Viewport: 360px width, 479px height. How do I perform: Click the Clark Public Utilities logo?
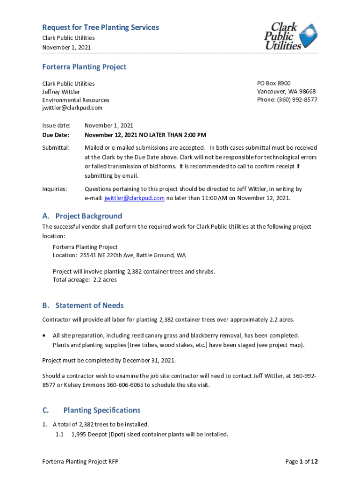[290, 36]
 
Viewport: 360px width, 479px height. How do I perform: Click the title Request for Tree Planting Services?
[101, 28]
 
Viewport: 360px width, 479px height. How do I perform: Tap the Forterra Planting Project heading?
[84, 67]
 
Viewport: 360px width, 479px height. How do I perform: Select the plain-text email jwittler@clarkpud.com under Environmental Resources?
[72, 108]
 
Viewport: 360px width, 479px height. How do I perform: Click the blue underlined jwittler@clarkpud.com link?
[134, 198]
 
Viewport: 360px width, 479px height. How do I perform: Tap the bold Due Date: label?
[56, 135]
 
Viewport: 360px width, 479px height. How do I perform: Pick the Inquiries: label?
[55, 189]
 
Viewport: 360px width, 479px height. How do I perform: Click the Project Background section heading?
[88, 216]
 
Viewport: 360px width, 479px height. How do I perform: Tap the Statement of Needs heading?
[89, 305]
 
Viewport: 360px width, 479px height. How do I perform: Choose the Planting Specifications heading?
[101, 410]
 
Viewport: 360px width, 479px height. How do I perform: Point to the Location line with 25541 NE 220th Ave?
[119, 255]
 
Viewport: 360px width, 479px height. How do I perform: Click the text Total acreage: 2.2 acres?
[85, 280]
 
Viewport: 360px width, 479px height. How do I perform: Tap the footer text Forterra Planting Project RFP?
[80, 462]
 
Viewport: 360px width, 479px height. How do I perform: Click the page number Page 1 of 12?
[302, 462]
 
